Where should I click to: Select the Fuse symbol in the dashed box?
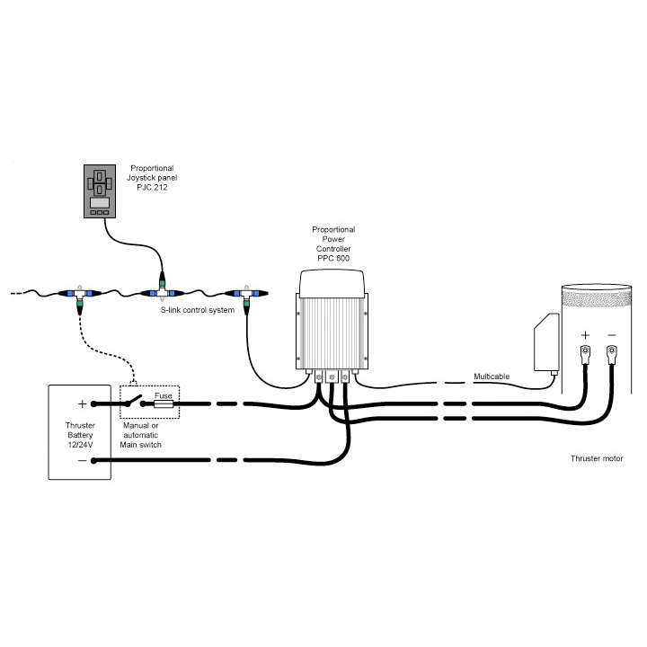point(165,405)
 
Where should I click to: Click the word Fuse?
point(164,395)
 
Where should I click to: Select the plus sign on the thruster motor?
point(584,335)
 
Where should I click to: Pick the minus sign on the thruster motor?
point(612,335)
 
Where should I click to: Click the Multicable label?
point(492,376)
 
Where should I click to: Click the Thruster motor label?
point(596,458)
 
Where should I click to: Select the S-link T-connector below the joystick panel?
point(162,293)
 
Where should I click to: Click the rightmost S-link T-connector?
point(245,295)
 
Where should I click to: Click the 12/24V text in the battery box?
point(79,443)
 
